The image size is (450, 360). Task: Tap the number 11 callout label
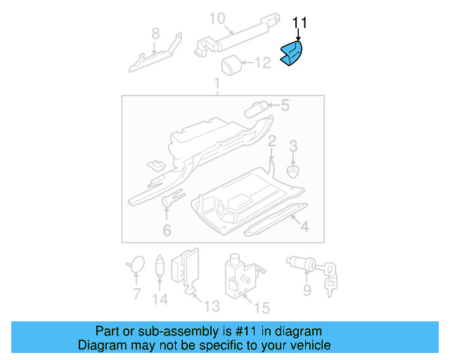pos(300,23)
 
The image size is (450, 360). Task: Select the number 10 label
pos(217,18)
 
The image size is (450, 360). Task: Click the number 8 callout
pos(155,32)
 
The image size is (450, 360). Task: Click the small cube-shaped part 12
pos(232,66)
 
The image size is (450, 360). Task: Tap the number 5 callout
pos(285,106)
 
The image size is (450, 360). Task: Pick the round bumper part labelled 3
pos(293,170)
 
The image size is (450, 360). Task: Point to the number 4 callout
pos(304,227)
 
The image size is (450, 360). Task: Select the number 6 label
pos(167,230)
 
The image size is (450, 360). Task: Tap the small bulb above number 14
pos(160,266)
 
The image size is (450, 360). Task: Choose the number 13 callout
pos(212,306)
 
